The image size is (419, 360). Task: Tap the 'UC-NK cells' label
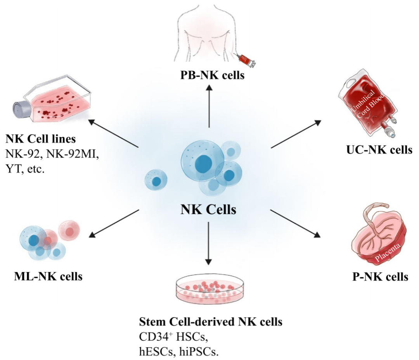tap(379, 149)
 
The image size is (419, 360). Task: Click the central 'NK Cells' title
tap(208, 209)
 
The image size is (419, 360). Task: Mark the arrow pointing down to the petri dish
tap(209, 242)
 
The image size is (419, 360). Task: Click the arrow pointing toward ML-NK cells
tap(114, 223)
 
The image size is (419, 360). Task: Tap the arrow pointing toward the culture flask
tap(114, 134)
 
